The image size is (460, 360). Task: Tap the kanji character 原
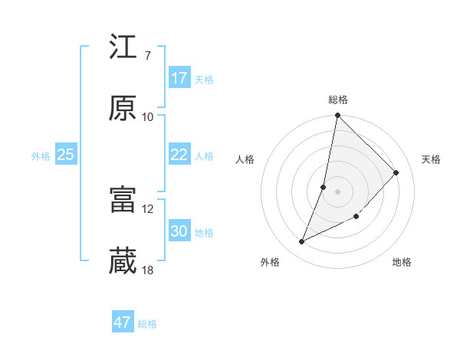tap(123, 109)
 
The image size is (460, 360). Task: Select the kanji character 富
tap(123, 201)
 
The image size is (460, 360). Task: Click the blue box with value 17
tap(179, 78)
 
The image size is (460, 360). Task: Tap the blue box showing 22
tap(179, 155)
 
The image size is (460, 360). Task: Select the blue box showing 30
tap(179, 231)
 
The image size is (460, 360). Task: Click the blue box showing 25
tap(66, 155)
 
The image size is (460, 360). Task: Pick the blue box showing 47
tap(123, 322)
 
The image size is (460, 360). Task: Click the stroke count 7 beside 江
tap(147, 56)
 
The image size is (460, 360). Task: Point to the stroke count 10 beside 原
tap(148, 117)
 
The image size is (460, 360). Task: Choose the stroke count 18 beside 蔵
tap(148, 270)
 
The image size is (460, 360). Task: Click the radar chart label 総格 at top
tap(338, 100)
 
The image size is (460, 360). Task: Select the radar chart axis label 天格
tap(432, 159)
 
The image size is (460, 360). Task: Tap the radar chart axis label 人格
tap(245, 159)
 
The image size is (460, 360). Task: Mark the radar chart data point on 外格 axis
tap(302, 242)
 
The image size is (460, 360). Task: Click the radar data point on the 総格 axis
tap(338, 116)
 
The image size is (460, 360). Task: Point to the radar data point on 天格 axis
tap(396, 172)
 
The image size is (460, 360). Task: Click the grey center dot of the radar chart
tap(338, 191)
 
